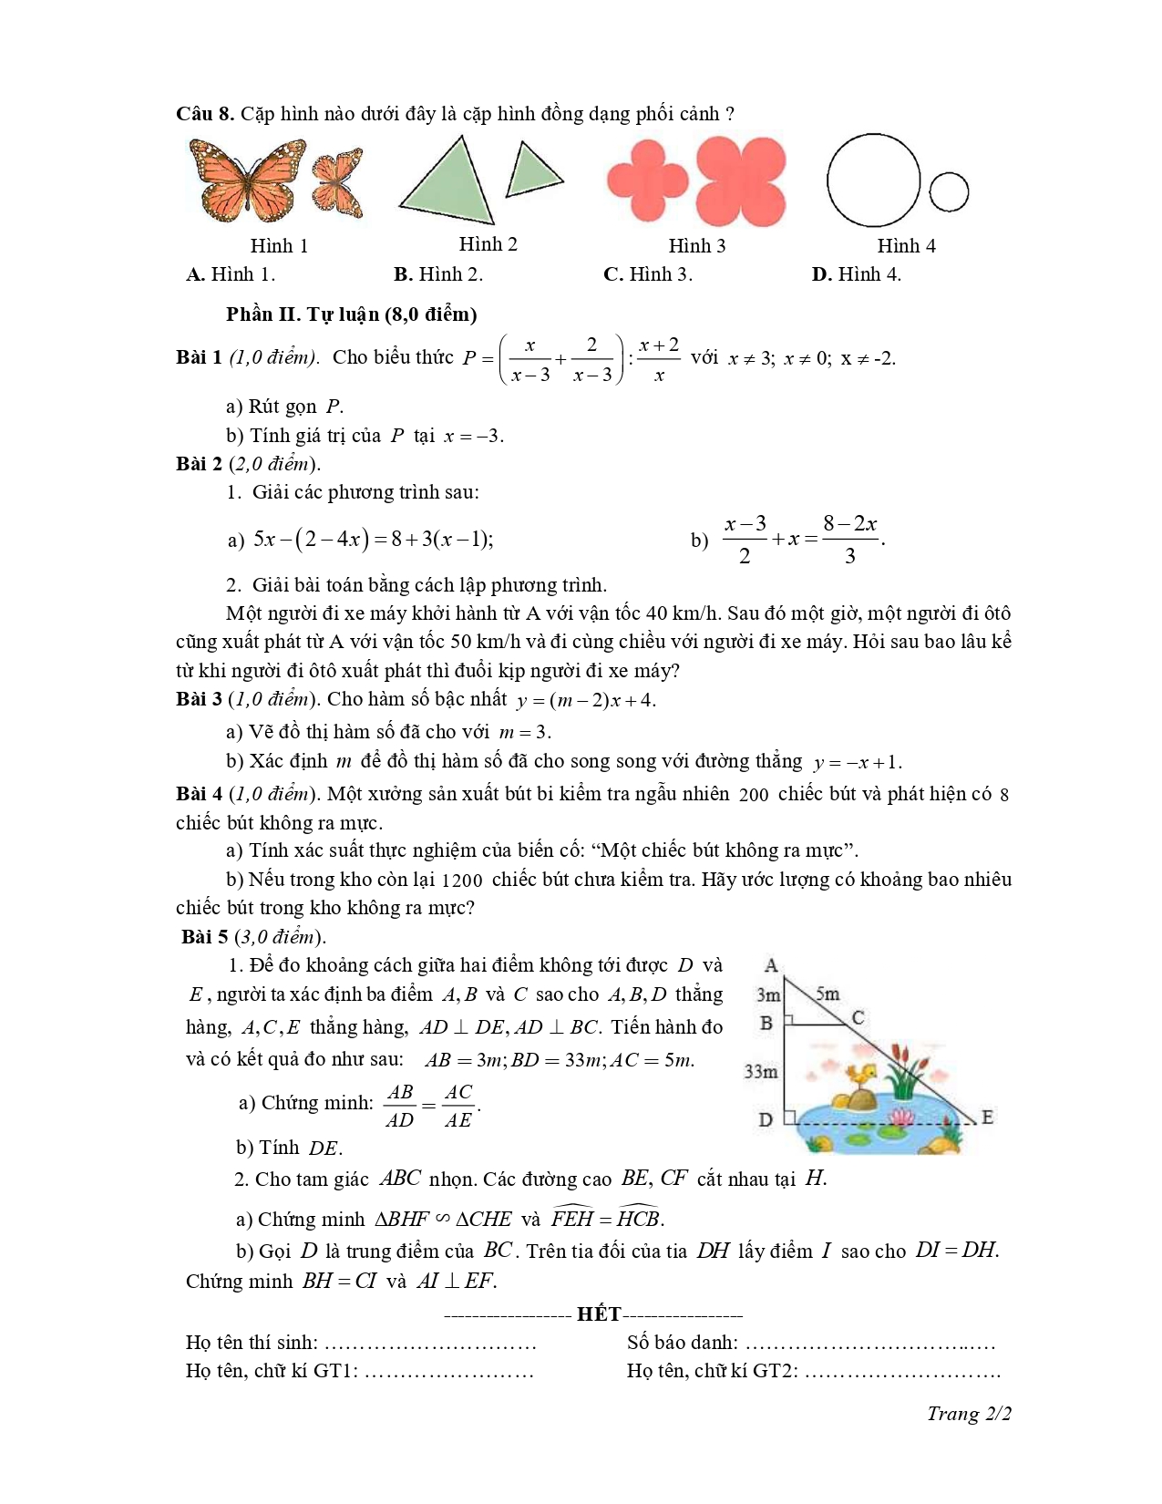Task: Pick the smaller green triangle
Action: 532,170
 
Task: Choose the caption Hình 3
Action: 697,246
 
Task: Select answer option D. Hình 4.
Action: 856,274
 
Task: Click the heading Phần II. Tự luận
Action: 351,314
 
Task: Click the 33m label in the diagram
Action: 761,1071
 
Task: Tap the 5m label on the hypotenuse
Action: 828,994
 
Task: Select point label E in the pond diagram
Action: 986,1118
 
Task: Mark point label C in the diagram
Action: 858,1018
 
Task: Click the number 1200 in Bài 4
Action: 462,881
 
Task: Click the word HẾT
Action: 599,1314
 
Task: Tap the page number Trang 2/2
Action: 969,1414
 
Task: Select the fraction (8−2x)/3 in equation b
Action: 849,539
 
